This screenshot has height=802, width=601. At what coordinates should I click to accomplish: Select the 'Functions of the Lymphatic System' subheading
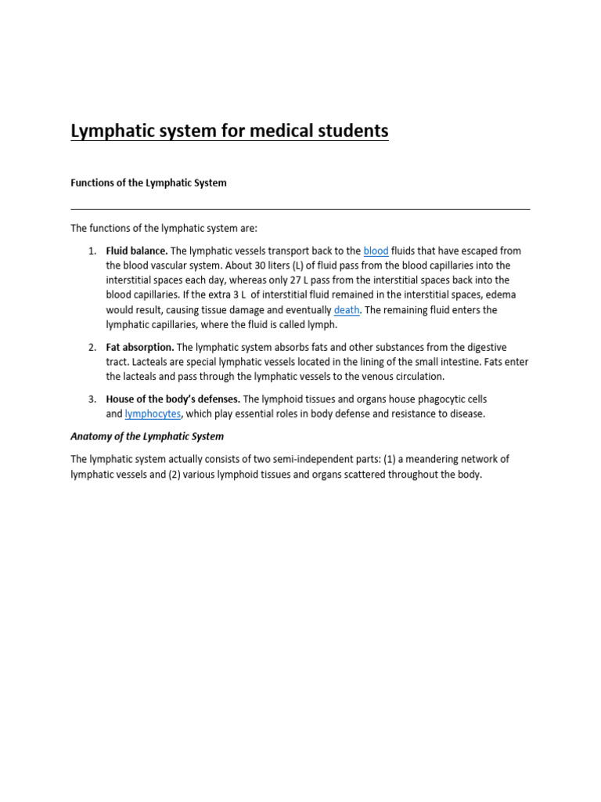coord(149,182)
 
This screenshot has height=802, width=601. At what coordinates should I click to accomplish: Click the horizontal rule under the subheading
coord(300,209)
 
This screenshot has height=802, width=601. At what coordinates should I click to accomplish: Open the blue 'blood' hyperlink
coord(376,251)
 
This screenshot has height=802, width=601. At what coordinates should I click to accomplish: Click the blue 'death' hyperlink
coord(347,310)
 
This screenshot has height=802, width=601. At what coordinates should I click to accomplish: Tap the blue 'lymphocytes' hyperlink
coord(153,414)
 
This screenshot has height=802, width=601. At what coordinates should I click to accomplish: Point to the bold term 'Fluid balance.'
coord(136,251)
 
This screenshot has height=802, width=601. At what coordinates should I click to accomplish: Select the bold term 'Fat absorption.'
coord(140,347)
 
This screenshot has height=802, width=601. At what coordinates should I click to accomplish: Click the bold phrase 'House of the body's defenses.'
coord(173,399)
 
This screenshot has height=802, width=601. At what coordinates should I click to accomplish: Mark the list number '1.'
coord(92,251)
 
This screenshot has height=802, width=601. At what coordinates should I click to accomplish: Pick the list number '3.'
coord(92,399)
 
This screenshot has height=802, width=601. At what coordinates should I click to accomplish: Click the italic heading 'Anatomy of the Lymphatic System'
coord(147,436)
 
